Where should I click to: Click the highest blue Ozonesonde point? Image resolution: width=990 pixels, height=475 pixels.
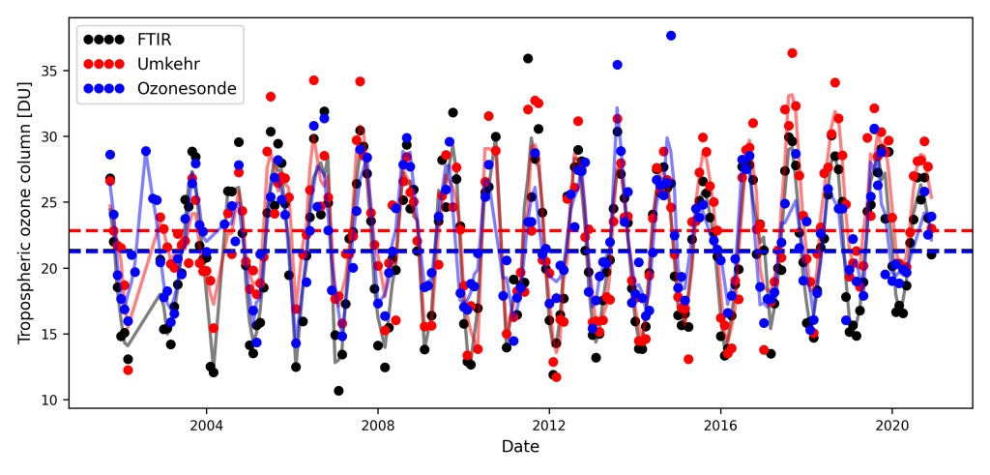coord(671,36)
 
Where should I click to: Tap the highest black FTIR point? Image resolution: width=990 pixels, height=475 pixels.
coord(528,58)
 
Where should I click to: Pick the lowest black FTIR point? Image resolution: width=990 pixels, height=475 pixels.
coord(338,391)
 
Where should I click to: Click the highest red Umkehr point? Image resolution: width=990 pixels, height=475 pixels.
coord(792,53)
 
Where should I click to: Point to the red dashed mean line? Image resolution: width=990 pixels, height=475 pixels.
coord(483,231)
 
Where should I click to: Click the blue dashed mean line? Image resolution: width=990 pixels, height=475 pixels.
coord(483,251)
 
